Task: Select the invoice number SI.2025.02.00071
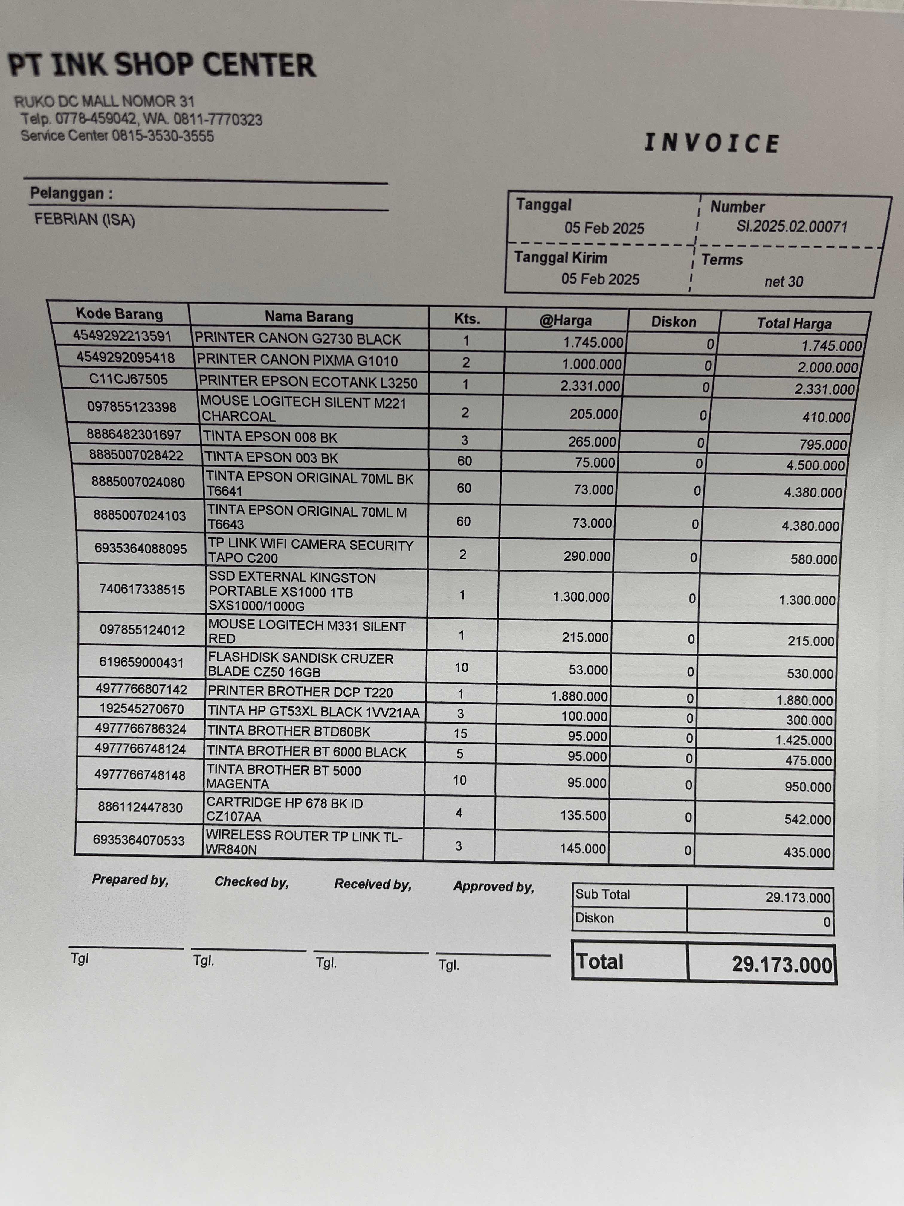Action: pyautogui.click(x=792, y=226)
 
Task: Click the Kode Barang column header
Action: pyautogui.click(x=119, y=314)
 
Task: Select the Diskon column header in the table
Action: pyautogui.click(x=674, y=322)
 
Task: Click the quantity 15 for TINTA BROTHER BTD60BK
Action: pyautogui.click(x=460, y=733)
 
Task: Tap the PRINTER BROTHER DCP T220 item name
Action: pyautogui.click(x=300, y=692)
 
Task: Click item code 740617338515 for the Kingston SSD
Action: pyautogui.click(x=142, y=589)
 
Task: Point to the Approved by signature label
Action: pyautogui.click(x=494, y=887)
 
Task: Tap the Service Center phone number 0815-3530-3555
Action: pyautogui.click(x=163, y=136)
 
